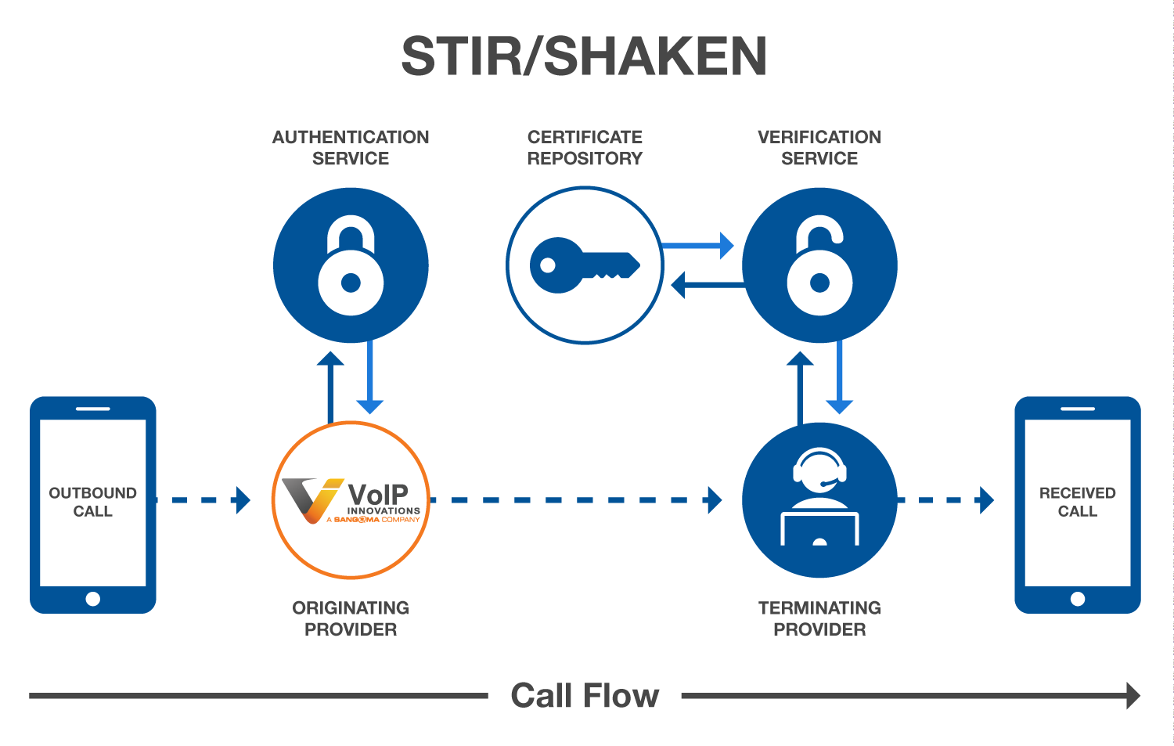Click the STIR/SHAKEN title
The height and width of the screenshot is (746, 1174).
[x=584, y=56]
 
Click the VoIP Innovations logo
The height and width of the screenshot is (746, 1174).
[x=351, y=500]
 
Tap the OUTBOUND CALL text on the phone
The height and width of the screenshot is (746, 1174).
[x=92, y=502]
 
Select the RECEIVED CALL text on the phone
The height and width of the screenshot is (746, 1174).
[x=1077, y=502]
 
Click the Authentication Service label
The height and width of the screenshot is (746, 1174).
[x=351, y=148]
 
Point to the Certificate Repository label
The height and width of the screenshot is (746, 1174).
[x=585, y=148]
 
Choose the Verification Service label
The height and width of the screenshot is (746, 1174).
[x=819, y=148]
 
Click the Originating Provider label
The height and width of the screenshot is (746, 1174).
[x=351, y=618]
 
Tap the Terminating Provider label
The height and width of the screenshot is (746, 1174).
[x=819, y=618]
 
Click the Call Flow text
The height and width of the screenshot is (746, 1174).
[x=585, y=695]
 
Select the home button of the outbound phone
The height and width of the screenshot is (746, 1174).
[x=92, y=599]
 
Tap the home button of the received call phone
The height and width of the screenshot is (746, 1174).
[x=1077, y=599]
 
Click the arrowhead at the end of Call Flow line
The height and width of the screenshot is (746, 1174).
[x=1133, y=695]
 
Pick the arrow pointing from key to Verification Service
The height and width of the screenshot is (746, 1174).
[x=697, y=246]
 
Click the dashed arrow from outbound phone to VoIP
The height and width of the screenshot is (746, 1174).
[x=205, y=500]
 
